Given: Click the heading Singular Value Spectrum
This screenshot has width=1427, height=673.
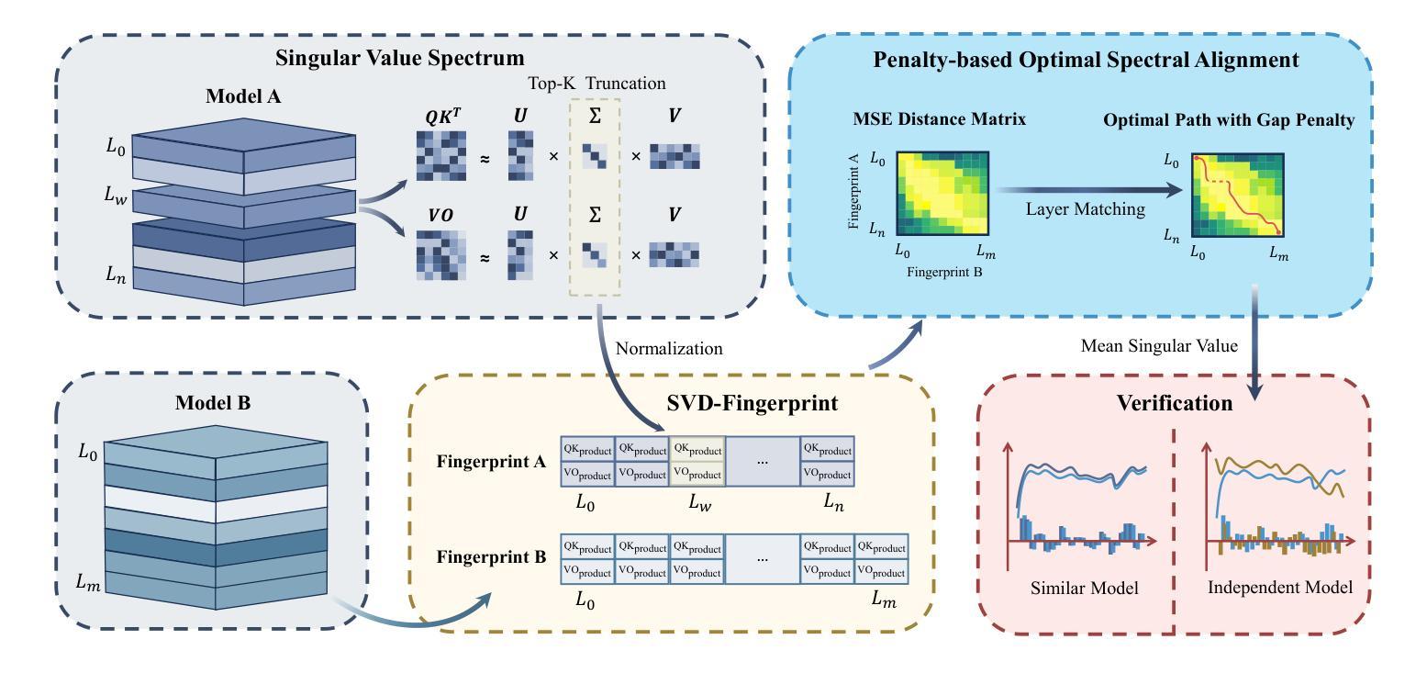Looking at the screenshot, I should click(x=400, y=58).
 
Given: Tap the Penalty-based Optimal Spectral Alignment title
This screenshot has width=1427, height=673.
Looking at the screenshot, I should click(x=1086, y=61).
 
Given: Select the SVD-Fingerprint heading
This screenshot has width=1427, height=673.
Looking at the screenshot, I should click(x=726, y=402).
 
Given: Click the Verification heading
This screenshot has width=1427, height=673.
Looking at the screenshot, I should click(x=1174, y=403).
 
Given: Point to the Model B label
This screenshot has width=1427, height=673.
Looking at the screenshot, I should click(x=214, y=402).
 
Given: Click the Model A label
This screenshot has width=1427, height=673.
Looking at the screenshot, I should click(x=242, y=96).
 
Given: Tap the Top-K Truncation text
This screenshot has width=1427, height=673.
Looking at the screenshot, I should click(x=596, y=84).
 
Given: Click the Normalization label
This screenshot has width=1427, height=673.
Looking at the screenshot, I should click(x=669, y=349).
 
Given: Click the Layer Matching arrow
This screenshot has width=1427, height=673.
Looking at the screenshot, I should click(x=1087, y=191).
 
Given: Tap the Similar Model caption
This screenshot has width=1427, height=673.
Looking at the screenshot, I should click(x=1084, y=588).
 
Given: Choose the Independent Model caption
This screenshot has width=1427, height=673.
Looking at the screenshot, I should click(x=1279, y=588).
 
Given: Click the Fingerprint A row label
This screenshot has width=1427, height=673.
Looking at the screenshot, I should click(x=492, y=461).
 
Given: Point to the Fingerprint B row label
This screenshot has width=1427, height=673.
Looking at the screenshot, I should click(x=492, y=557).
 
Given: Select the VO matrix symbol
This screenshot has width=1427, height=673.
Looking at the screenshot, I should click(x=440, y=215).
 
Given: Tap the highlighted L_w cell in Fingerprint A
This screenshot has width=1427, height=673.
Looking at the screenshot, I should click(x=697, y=461).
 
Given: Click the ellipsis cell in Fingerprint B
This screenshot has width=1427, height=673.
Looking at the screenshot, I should click(x=762, y=558).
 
